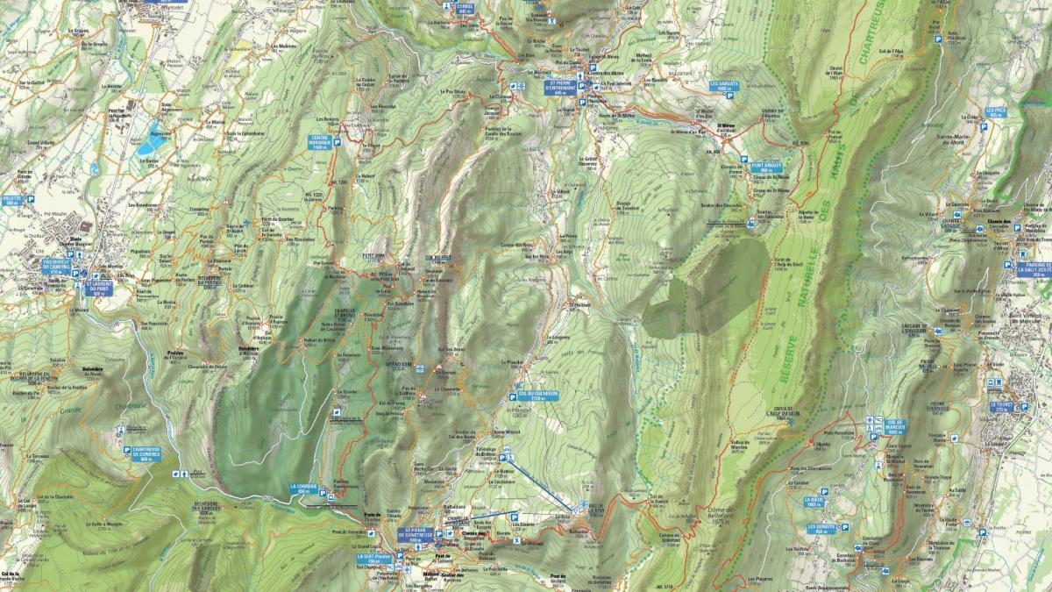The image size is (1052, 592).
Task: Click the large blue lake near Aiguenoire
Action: pos(158,141)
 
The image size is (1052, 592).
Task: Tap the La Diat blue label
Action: pos(372,557)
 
